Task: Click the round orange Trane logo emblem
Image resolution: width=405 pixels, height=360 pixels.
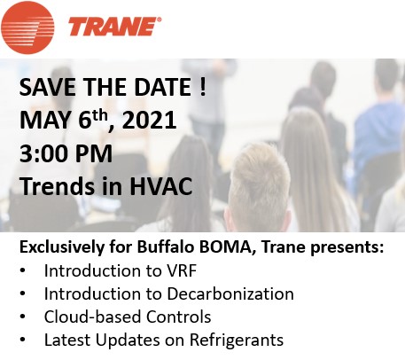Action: pos(27,27)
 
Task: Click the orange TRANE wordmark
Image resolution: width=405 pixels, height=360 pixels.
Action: pos(114,27)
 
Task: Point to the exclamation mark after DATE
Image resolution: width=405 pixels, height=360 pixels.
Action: pos(202,87)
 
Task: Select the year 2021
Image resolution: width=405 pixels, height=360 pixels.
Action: pos(149,121)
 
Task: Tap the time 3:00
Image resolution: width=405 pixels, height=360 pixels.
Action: pos(44,153)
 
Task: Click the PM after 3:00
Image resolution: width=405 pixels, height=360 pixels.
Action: pos(94,153)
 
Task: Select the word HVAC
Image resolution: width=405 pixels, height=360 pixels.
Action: pos(160,186)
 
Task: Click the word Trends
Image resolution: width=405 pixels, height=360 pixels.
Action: pos(59,186)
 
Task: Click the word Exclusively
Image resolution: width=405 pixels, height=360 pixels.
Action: pos(61,247)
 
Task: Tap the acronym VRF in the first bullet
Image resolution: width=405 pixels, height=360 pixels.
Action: pos(182,270)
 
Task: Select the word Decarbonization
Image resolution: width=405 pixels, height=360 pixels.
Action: pos(230,293)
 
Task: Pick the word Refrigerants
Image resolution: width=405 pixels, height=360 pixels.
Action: pos(237,340)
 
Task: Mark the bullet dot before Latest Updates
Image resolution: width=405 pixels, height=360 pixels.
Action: pos(23,340)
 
